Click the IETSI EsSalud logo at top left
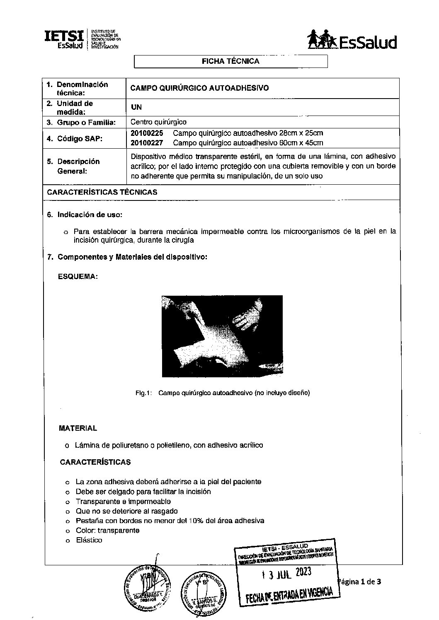pos(82,39)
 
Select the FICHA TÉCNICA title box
pos(230,61)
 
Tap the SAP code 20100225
pos(147,133)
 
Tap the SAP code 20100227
pos(147,143)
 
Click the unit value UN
pos(136,107)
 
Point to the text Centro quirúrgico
pos(158,122)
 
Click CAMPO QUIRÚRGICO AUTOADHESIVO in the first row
pos(199,88)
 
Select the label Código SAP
pos(80,139)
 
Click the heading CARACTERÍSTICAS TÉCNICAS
pos(102,192)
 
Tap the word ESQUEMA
pos(78,277)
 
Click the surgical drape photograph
pos(222,336)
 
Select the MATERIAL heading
pos(78,428)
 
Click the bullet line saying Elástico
pos(89,540)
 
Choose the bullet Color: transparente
pos(107,531)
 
